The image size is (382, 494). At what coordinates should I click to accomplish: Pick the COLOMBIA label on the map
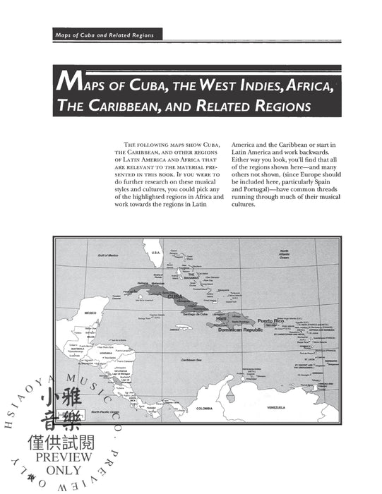(203, 409)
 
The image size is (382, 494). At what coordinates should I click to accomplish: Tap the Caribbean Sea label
(191, 361)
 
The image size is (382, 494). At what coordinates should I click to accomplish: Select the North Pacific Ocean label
(114, 412)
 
